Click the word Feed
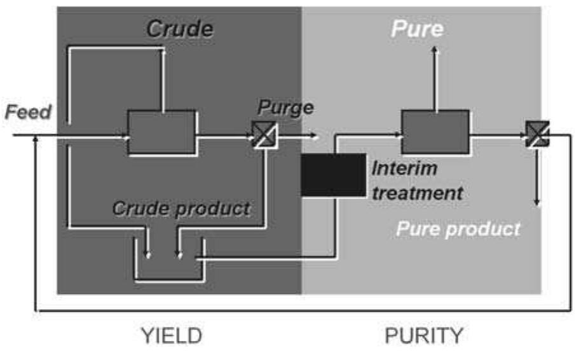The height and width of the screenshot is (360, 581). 28,113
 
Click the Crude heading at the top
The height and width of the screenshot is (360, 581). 181,29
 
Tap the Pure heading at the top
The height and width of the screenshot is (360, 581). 417,29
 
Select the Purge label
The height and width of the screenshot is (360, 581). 285,107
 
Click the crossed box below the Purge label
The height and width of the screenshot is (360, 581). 261,135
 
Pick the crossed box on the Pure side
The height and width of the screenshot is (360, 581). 537,135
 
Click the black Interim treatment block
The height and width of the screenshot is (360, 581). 334,174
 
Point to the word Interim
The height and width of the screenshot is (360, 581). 405,170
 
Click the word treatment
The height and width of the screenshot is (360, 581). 417,192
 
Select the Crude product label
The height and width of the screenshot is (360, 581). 181,208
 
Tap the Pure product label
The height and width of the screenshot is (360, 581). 458,228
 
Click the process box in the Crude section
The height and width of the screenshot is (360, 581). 161,132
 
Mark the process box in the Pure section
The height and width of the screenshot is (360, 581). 435,132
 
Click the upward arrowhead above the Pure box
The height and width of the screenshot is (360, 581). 435,50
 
